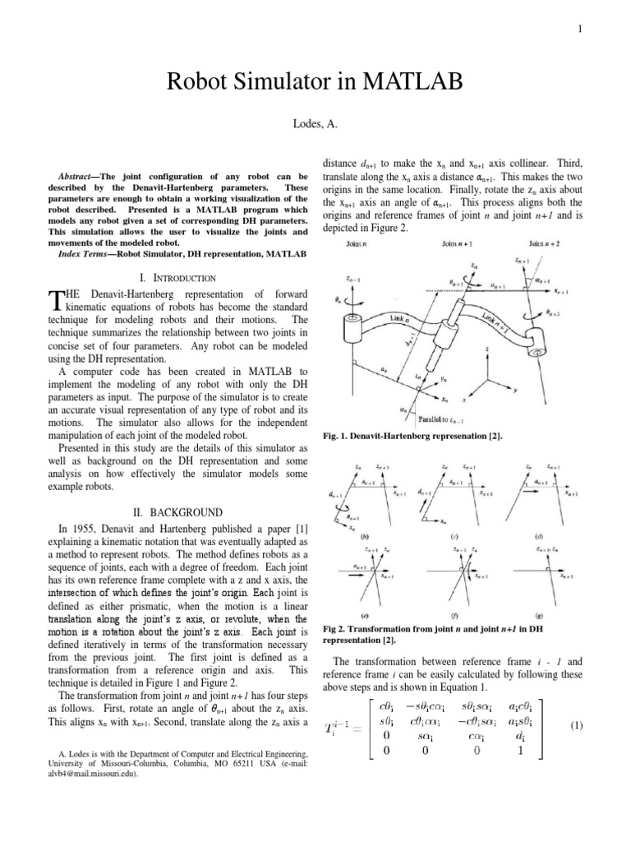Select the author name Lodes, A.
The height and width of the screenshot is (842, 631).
315,125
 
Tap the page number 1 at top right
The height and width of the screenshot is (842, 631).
580,30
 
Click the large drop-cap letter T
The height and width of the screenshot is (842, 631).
55,302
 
